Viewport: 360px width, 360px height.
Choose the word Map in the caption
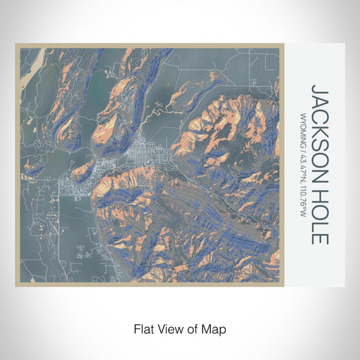click(215, 328)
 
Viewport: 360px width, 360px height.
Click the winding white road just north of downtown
click(158, 112)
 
